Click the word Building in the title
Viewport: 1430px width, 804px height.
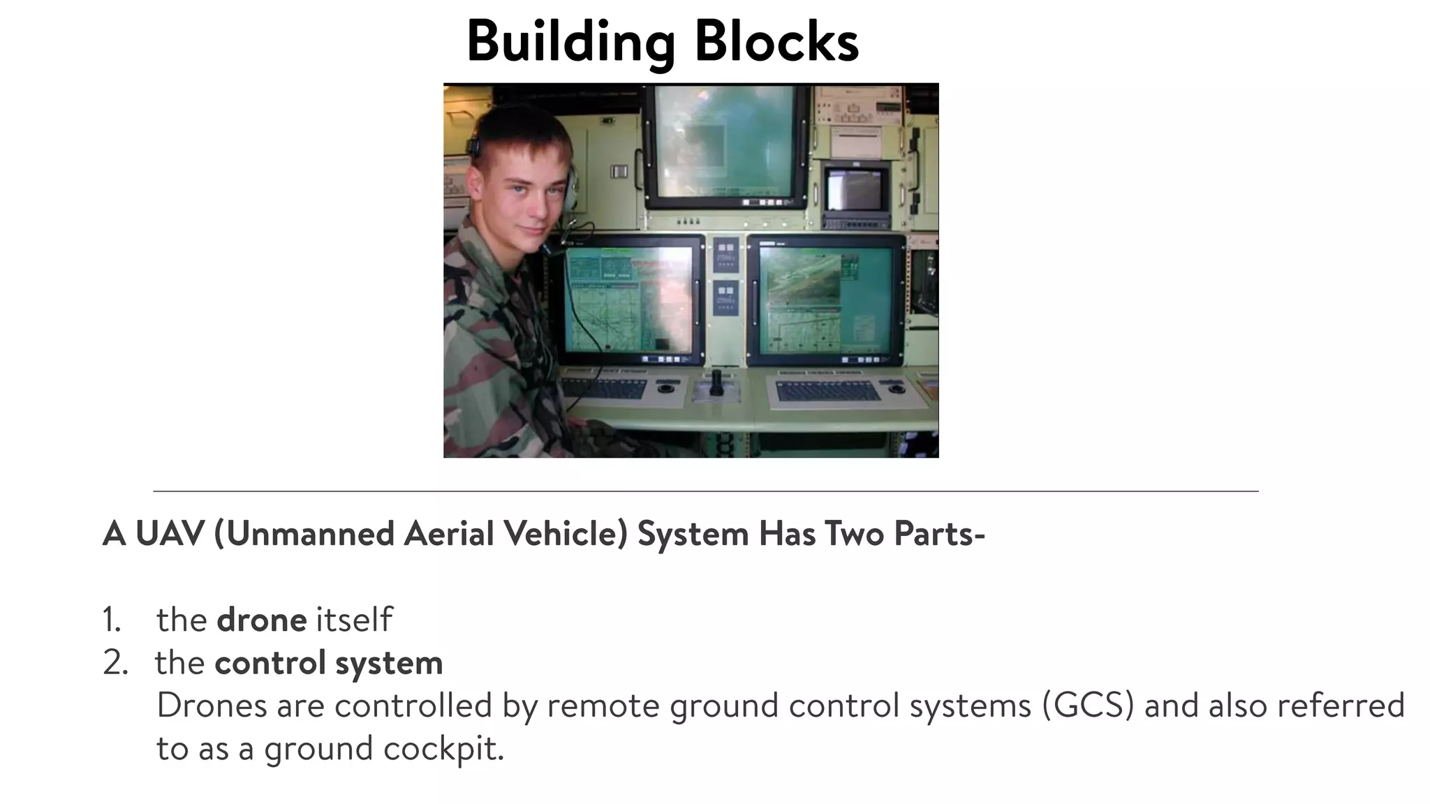570,42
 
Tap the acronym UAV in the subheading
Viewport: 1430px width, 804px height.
170,534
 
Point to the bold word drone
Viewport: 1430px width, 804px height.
261,620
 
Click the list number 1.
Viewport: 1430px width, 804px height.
112,620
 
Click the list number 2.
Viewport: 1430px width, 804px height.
115,662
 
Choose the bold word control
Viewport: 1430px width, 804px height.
270,662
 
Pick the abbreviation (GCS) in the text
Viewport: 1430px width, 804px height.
1088,705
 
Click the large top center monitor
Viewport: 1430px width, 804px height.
724,143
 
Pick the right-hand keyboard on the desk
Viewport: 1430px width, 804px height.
828,391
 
